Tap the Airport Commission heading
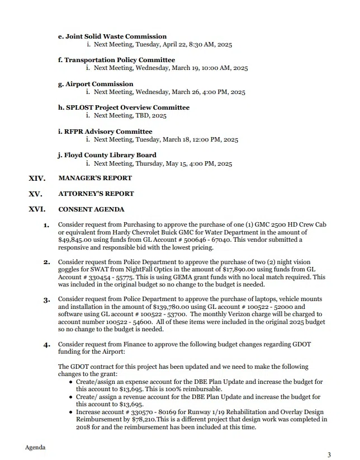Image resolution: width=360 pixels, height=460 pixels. [x=96, y=84]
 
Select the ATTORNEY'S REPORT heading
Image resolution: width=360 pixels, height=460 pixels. [x=96, y=194]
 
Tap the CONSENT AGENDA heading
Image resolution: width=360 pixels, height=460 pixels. [x=91, y=210]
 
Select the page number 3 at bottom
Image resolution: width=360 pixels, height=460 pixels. [x=329, y=454]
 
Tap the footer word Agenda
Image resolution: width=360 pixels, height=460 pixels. [x=35, y=448]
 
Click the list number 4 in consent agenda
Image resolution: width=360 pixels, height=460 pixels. [x=46, y=345]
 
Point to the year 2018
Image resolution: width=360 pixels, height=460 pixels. [x=66, y=427]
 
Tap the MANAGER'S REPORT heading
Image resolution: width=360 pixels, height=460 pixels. [x=95, y=179]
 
